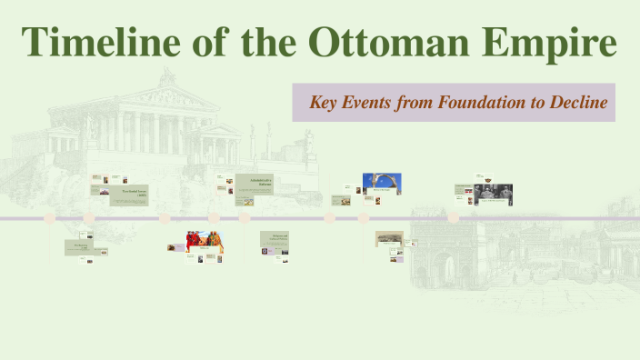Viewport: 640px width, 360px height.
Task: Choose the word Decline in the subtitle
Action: click(x=577, y=103)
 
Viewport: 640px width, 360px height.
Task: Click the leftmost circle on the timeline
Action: click(x=50, y=218)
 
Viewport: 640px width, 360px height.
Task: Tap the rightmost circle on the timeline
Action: click(x=453, y=218)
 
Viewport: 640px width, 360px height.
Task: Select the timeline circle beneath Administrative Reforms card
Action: click(x=245, y=218)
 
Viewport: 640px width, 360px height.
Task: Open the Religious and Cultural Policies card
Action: click(x=274, y=240)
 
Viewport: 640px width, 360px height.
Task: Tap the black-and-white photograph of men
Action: click(x=493, y=193)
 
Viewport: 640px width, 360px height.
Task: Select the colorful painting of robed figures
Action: click(x=205, y=241)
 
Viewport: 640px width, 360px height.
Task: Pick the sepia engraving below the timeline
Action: click(x=389, y=239)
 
